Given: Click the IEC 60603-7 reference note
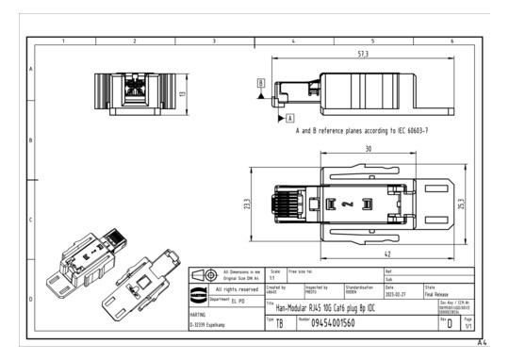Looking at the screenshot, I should pos(362,134).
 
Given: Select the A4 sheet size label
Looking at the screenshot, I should pos(484,343).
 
